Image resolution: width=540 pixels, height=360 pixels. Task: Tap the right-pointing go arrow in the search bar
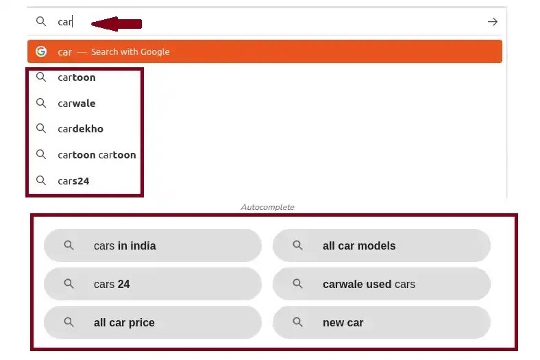pos(492,22)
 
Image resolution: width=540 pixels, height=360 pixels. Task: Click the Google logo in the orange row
pos(41,51)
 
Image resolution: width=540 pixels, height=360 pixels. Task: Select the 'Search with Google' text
pos(130,52)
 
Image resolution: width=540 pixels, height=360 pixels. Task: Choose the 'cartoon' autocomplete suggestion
pos(77,77)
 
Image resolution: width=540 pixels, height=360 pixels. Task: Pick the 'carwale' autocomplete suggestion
pos(77,104)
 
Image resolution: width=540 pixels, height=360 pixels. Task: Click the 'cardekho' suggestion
pos(80,129)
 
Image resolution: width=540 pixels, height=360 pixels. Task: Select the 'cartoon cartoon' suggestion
pos(97,155)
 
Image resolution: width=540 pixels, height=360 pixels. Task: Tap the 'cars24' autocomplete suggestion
pos(73,181)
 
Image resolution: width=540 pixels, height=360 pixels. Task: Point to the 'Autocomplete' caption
pos(267,206)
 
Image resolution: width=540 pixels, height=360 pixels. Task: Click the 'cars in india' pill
pos(152,245)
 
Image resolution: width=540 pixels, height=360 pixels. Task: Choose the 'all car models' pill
pos(381,245)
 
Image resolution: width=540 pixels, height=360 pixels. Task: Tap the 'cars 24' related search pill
pos(152,284)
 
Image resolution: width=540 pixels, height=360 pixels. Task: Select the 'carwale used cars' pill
pos(381,284)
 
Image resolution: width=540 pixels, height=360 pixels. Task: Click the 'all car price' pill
pos(152,322)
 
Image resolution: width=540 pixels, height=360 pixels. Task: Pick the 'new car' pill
pos(381,322)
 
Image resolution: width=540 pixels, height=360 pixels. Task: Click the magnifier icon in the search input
pos(41,22)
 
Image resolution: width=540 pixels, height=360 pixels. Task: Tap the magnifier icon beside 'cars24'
pos(41,181)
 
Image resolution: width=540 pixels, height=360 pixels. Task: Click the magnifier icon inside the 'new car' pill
pos(297,322)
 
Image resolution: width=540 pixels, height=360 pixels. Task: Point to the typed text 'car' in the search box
pos(65,22)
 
